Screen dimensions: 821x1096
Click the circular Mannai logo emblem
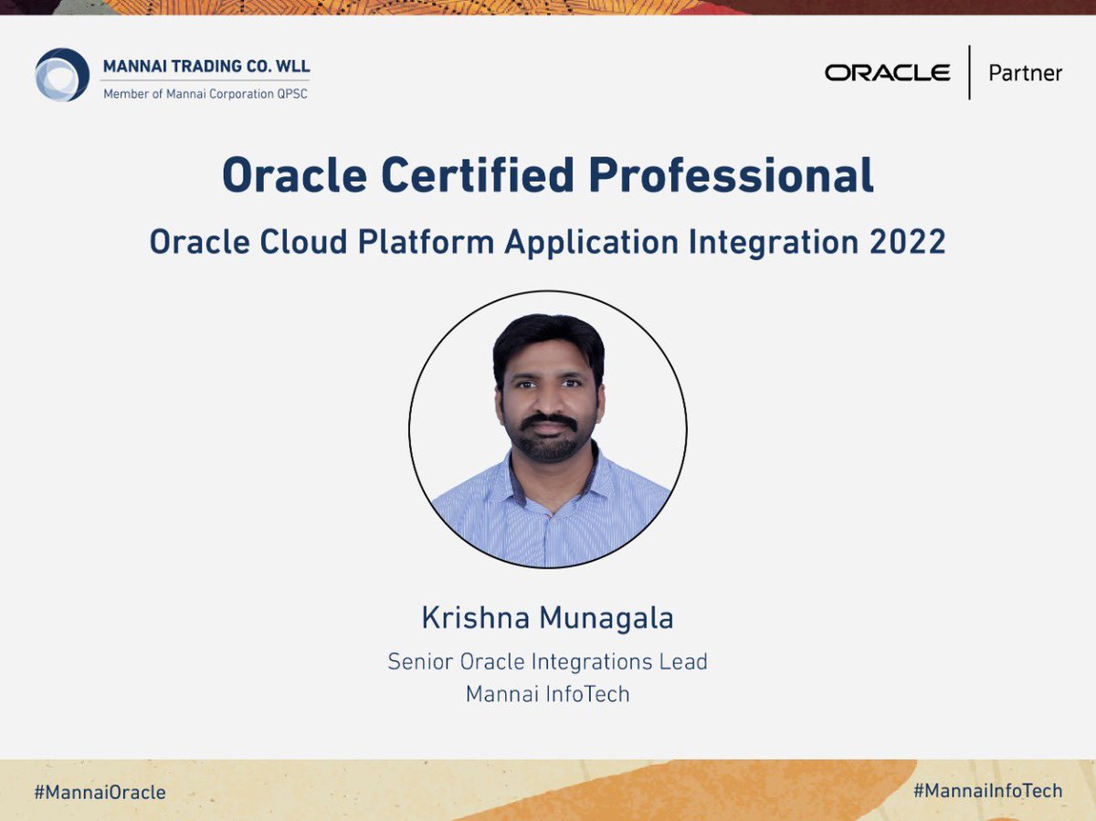coord(62,75)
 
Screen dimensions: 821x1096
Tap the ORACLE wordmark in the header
coord(887,73)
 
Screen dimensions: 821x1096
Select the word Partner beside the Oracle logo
coord(1025,73)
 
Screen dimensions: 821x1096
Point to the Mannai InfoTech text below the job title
coord(548,694)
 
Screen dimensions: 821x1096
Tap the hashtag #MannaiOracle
coord(100,792)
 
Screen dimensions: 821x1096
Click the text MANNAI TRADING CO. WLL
coord(206,67)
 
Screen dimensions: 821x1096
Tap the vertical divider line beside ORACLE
coord(969,72)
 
